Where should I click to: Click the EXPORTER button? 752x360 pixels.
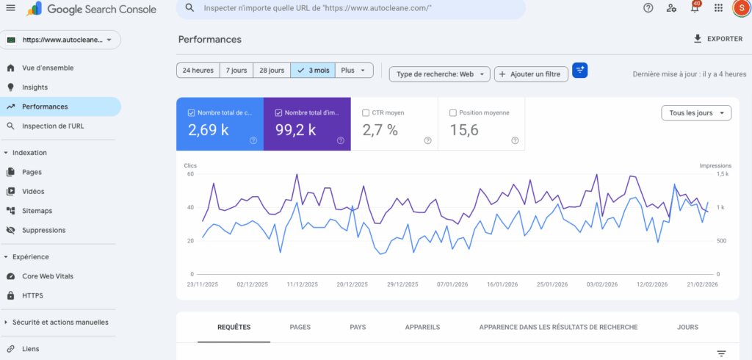click(x=718, y=39)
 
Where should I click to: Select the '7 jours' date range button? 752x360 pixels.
click(x=236, y=71)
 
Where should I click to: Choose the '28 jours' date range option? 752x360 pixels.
click(x=272, y=71)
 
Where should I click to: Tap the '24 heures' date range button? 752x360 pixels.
click(x=198, y=71)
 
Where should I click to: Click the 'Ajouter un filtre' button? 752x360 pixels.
click(x=532, y=73)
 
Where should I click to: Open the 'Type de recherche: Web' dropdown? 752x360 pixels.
click(x=440, y=73)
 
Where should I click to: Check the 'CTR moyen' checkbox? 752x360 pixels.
click(x=366, y=113)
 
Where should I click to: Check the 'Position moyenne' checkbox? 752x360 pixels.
click(x=452, y=113)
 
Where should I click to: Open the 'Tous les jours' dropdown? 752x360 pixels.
click(x=696, y=113)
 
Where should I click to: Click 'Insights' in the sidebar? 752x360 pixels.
click(x=35, y=87)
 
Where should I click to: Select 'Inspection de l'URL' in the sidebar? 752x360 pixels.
click(x=53, y=126)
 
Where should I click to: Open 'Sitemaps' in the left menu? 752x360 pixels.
click(x=37, y=211)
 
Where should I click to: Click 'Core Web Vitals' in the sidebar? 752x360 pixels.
click(x=48, y=276)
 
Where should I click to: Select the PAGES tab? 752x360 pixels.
click(x=300, y=327)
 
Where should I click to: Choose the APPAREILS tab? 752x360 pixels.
click(x=422, y=327)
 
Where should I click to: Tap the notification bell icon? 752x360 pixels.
click(x=695, y=8)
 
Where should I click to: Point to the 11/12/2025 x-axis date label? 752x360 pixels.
click(x=302, y=284)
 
